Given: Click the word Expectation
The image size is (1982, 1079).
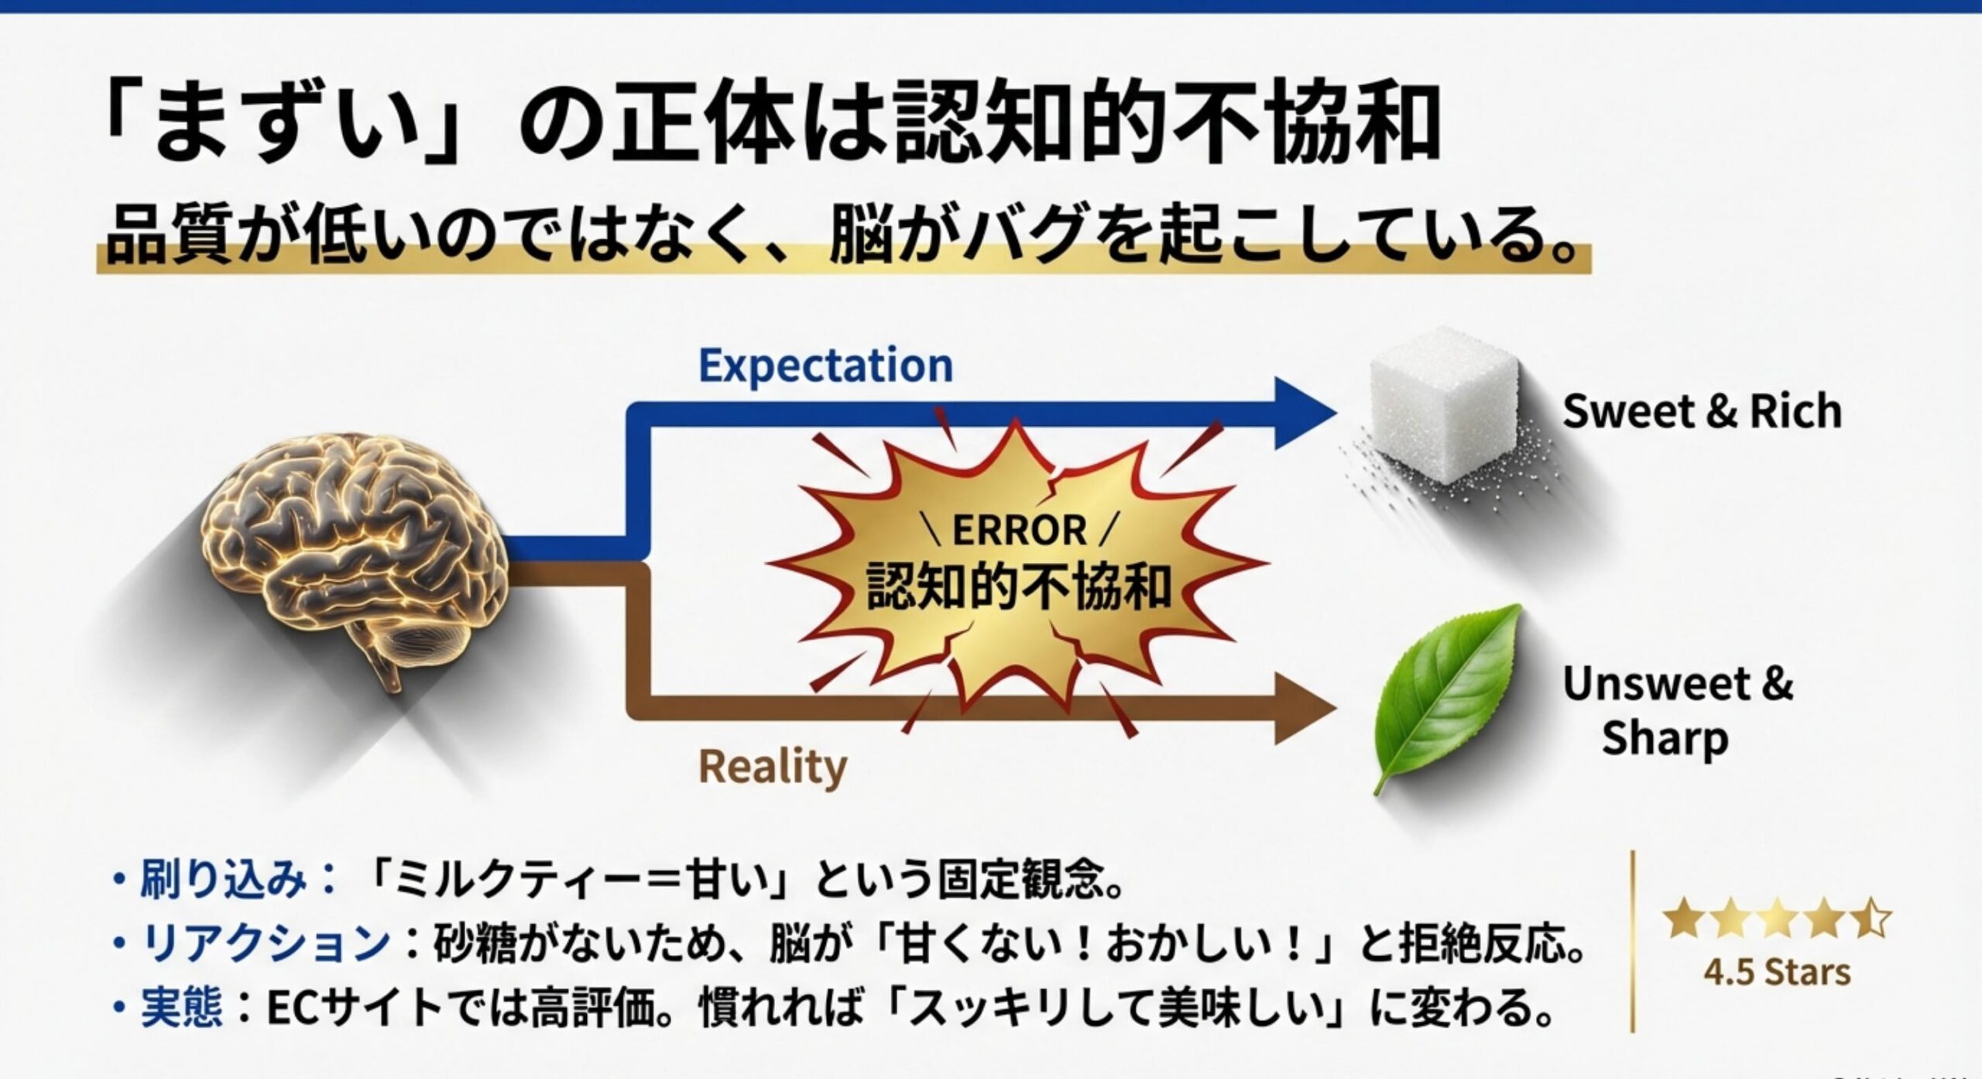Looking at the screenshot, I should [x=825, y=366].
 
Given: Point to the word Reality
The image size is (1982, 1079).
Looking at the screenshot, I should [x=773, y=767].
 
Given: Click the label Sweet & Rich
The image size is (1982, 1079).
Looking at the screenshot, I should [x=1702, y=411].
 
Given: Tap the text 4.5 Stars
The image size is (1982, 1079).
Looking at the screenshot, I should [x=1777, y=972].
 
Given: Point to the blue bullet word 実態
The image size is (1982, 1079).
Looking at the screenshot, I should [x=182, y=1007].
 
